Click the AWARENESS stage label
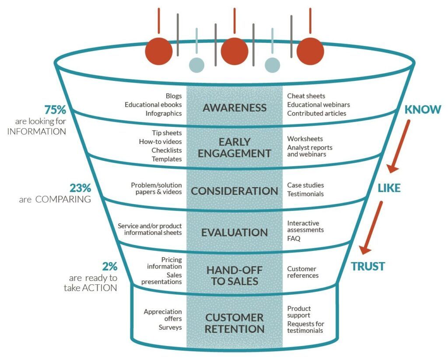(234, 108)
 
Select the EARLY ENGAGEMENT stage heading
(234, 148)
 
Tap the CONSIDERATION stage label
(234, 191)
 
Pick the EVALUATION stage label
(234, 233)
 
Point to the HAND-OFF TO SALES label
(234, 276)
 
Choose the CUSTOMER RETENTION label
(234, 323)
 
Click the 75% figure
(55, 110)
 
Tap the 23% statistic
(80, 188)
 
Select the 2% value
(110, 266)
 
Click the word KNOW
(423, 110)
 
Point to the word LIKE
(389, 188)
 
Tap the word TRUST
(368, 266)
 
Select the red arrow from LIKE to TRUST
(371, 228)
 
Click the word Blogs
(174, 96)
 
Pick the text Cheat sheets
(306, 96)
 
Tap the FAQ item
(294, 238)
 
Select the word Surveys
(170, 328)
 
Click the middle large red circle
(234, 52)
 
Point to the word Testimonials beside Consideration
(305, 194)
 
